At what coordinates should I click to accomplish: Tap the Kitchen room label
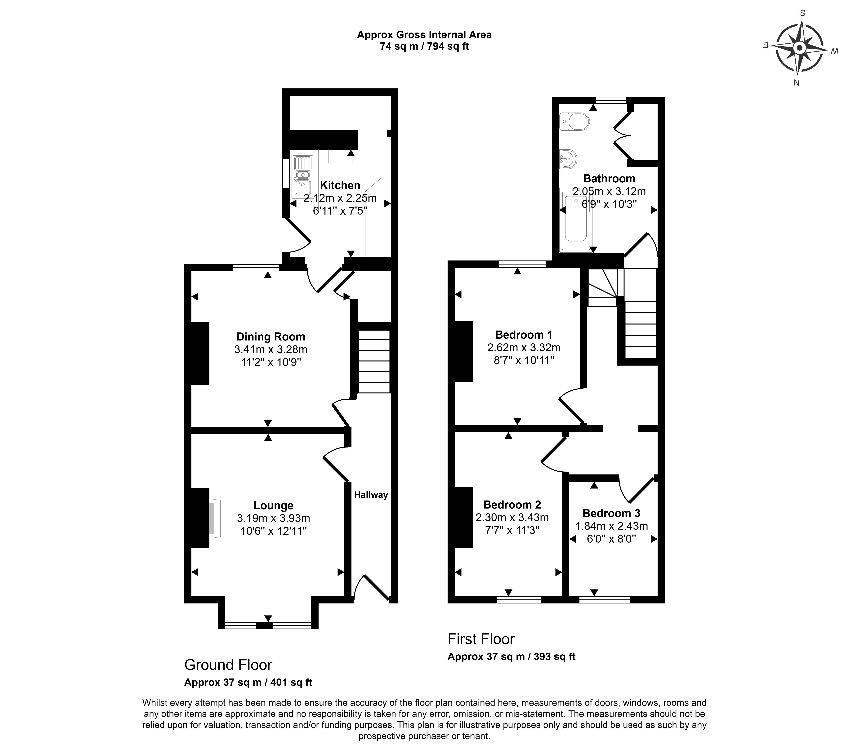(x=340, y=185)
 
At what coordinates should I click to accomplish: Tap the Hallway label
(x=371, y=495)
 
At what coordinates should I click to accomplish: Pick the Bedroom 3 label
(x=611, y=513)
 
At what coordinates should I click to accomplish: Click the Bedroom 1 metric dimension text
(x=524, y=347)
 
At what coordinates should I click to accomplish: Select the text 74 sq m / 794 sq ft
(x=424, y=47)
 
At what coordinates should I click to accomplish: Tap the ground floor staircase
(x=374, y=361)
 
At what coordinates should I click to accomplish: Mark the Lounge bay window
(x=268, y=625)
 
